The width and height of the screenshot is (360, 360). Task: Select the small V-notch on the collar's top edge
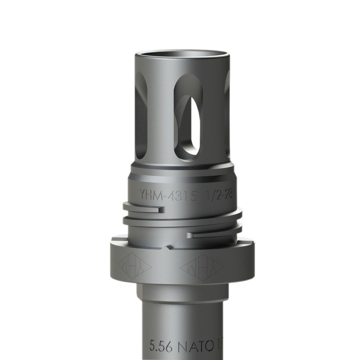[169, 246]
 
